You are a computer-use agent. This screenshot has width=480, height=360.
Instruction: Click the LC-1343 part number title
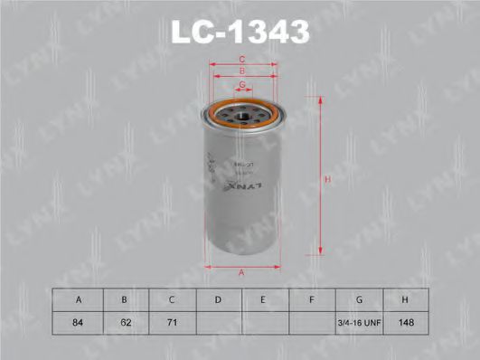tap(240, 33)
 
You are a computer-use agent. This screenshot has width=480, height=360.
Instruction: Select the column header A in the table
tap(79, 299)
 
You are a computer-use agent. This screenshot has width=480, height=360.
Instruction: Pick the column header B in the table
tap(125, 299)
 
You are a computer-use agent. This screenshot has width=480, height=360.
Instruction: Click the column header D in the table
tap(219, 299)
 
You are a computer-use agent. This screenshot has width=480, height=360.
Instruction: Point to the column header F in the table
tap(312, 299)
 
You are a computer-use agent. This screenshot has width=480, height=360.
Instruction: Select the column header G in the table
tap(359, 299)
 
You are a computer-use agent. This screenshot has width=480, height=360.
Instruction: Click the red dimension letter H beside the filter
tap(329, 180)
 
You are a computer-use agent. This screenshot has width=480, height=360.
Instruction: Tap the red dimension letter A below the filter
tap(242, 273)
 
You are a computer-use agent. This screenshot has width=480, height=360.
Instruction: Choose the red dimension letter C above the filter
tap(242, 61)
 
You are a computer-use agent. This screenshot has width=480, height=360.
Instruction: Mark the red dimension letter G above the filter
tap(242, 85)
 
